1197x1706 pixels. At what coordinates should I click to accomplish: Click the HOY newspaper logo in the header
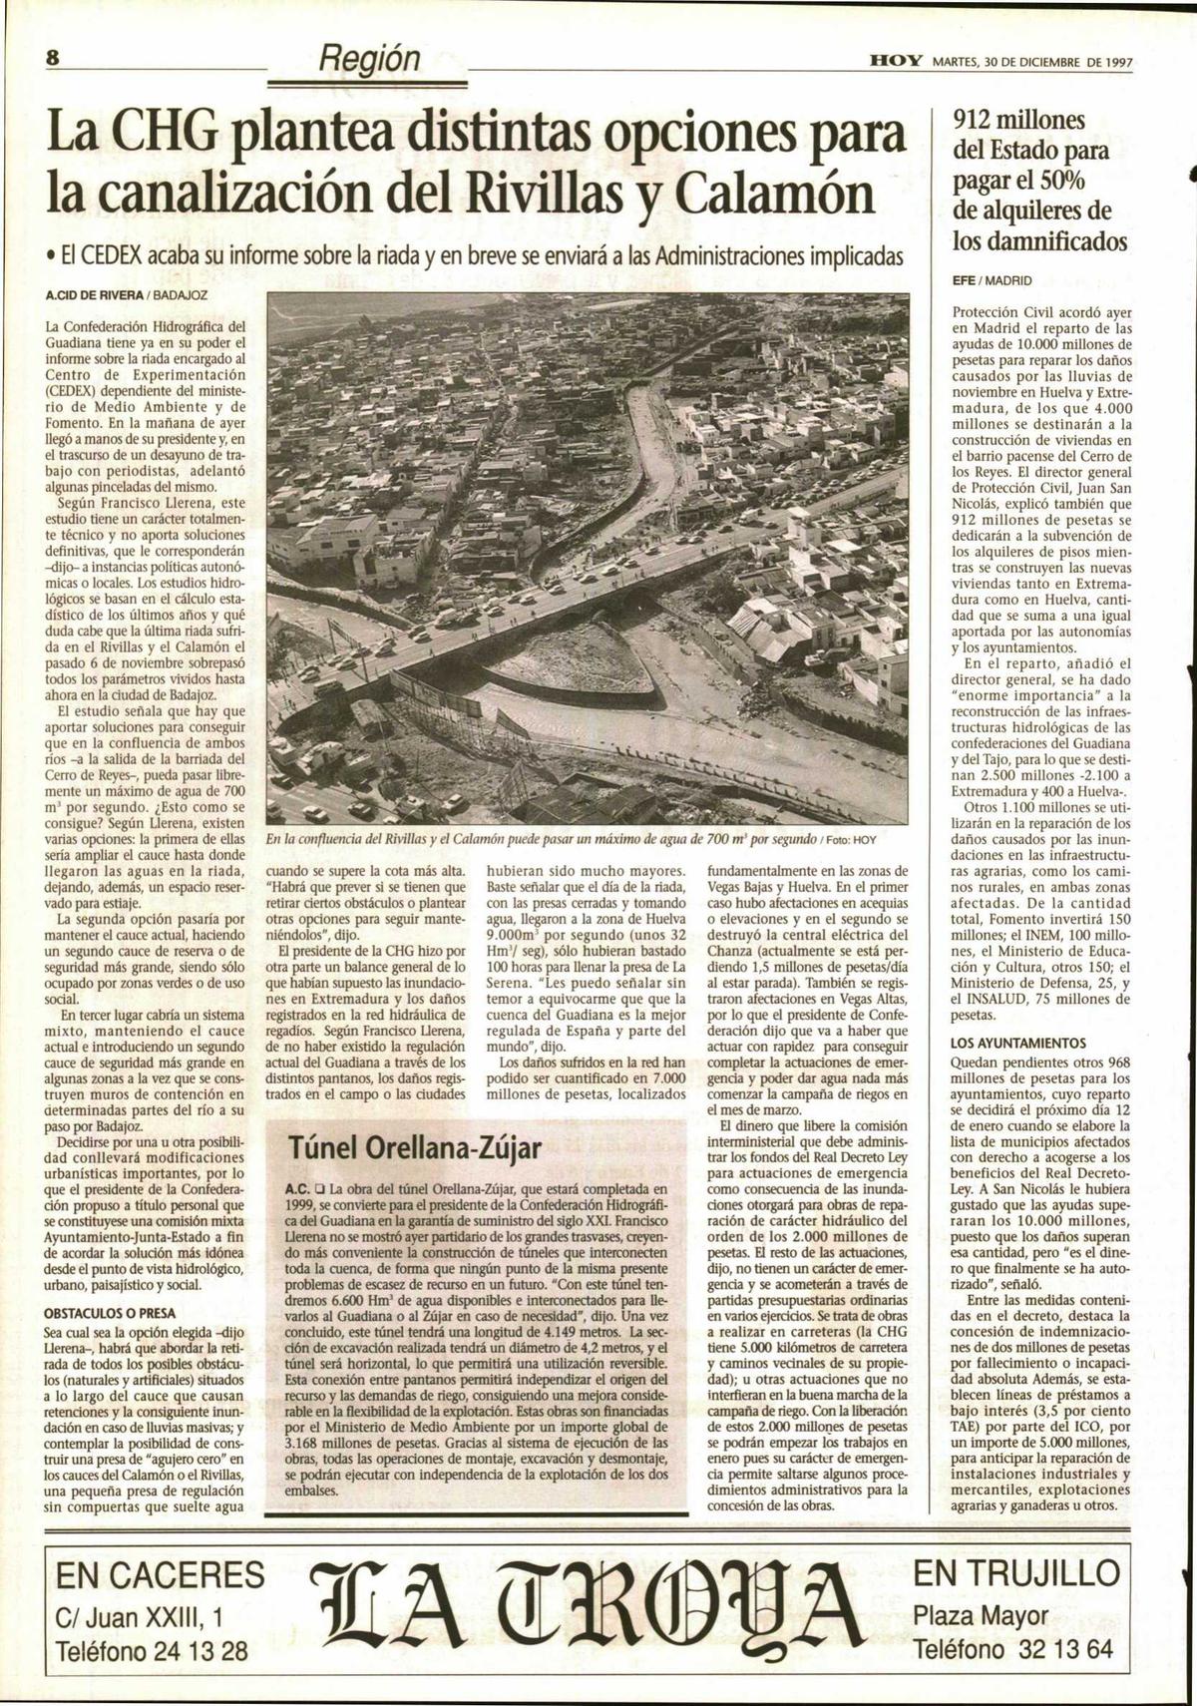click(895, 62)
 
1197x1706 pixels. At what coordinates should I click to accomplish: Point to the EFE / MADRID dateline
click(992, 280)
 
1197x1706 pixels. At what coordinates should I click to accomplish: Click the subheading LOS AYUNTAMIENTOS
click(1018, 1043)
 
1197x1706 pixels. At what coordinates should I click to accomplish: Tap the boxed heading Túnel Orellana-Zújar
click(414, 1147)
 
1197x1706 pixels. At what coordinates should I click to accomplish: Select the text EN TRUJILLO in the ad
click(1016, 1572)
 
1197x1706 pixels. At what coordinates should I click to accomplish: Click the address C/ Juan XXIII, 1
click(140, 1614)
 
